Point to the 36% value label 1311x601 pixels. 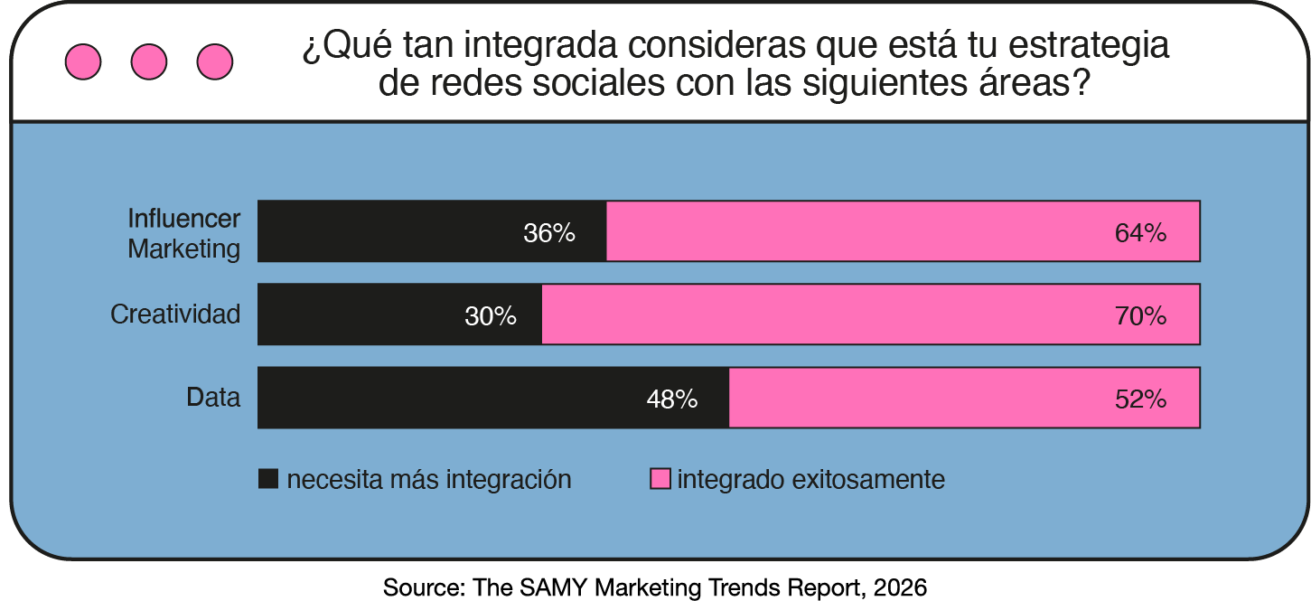click(549, 233)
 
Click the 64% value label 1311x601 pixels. click(1140, 233)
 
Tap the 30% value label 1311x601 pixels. click(491, 316)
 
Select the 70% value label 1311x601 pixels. click(1140, 316)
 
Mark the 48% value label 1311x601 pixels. click(672, 399)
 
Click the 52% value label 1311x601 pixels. click(1140, 399)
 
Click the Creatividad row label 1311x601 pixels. click(175, 315)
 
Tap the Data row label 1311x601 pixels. click(213, 397)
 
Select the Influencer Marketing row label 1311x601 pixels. click(184, 233)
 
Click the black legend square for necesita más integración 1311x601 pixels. click(268, 479)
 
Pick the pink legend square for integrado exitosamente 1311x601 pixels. click(660, 479)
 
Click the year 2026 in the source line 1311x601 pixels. click(900, 587)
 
